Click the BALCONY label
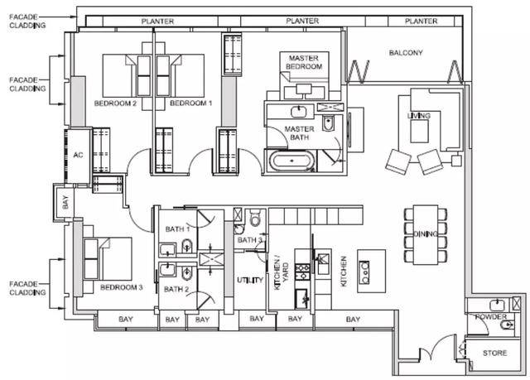coord(406,53)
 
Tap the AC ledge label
coord(78,155)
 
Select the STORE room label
coord(494,353)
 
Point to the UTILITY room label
coord(250,280)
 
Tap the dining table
coord(426,235)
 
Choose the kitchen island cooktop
coord(364,272)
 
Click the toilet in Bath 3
coord(255,218)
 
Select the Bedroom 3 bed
coord(108,259)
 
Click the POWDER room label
coord(491,317)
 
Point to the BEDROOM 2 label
coord(115,103)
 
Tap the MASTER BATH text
coord(300,133)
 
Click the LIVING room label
coord(419,116)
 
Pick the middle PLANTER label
coord(302,21)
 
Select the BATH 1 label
coord(177,229)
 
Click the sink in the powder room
coord(497,305)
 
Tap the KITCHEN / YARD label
coord(282,275)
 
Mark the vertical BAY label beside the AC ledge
coord(65,202)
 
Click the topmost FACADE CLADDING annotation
coord(27,21)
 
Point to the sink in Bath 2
coord(167,270)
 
